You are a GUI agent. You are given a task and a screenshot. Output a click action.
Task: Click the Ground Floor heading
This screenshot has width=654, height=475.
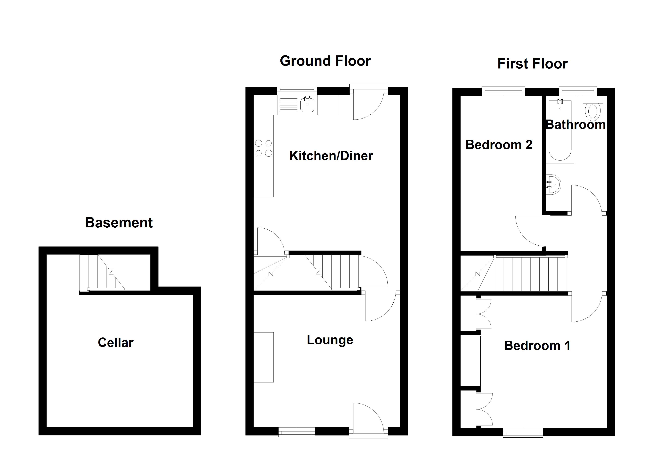coord(325,61)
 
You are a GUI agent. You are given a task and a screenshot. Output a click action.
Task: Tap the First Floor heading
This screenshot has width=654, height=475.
coord(532,64)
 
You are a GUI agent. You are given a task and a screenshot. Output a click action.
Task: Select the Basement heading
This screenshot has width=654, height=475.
coord(119,223)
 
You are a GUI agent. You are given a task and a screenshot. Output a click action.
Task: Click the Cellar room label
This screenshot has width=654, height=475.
coord(116,343)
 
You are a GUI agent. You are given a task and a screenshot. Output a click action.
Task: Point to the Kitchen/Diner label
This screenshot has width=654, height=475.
coord(331,156)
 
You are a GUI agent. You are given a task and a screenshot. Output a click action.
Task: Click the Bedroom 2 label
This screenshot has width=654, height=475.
coord(499,145)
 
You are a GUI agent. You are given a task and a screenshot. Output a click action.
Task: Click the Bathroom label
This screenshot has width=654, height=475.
coord(576,125)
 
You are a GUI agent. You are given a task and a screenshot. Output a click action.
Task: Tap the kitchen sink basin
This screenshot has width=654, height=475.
coord(307,105)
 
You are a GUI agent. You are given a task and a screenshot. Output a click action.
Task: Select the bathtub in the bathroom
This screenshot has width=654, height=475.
coord(560,131)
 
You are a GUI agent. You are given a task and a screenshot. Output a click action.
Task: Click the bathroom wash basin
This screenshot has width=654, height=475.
coord(554,184)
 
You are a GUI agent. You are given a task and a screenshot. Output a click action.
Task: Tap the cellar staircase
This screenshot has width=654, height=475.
coord(102,272)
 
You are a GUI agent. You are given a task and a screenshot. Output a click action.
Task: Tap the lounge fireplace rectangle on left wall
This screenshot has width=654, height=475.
coord(263,357)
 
